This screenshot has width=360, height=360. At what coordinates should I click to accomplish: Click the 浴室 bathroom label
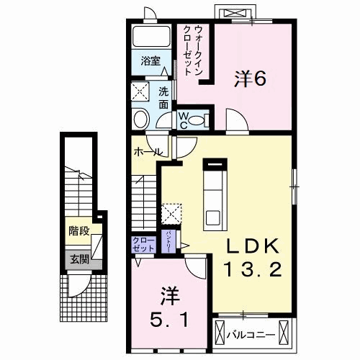pos(150,60)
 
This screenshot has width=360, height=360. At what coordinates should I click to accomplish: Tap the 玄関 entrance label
pos(79,259)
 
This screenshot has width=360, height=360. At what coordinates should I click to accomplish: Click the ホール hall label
pos(147,152)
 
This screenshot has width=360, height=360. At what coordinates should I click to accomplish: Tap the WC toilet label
pos(183,120)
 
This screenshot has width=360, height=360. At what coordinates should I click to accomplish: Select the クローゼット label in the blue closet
pos(143,243)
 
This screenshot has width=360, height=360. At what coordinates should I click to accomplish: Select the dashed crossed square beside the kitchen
pos(171,213)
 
